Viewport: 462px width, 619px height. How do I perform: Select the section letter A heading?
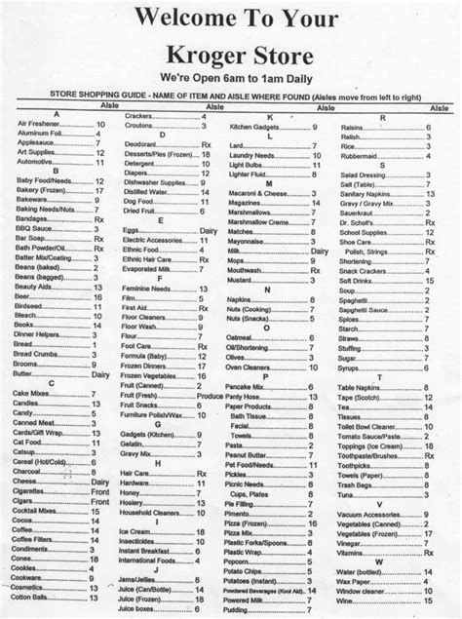tap(59, 115)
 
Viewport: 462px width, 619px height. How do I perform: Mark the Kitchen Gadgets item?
tap(255, 125)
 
